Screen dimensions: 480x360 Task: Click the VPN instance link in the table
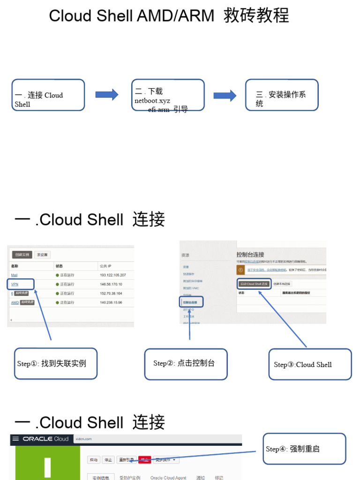click(15, 284)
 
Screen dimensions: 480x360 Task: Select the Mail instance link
click(14, 275)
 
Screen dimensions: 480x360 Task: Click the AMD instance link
click(15, 302)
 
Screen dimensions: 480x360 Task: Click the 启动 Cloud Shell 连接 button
click(254, 284)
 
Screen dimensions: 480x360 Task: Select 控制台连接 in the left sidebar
click(190, 303)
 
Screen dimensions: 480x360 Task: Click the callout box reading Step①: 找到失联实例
click(56, 363)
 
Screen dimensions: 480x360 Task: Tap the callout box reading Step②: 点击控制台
click(186, 363)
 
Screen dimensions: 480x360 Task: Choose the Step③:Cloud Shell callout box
click(310, 364)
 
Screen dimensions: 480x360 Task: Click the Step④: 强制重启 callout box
click(305, 449)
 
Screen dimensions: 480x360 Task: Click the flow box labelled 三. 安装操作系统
click(282, 95)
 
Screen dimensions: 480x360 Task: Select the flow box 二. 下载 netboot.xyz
click(168, 95)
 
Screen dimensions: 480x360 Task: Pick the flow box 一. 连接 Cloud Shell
click(48, 95)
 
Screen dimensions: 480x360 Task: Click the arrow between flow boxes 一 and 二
click(107, 95)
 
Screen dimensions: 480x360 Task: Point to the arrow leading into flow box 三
click(225, 96)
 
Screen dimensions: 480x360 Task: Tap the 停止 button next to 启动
click(108, 460)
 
